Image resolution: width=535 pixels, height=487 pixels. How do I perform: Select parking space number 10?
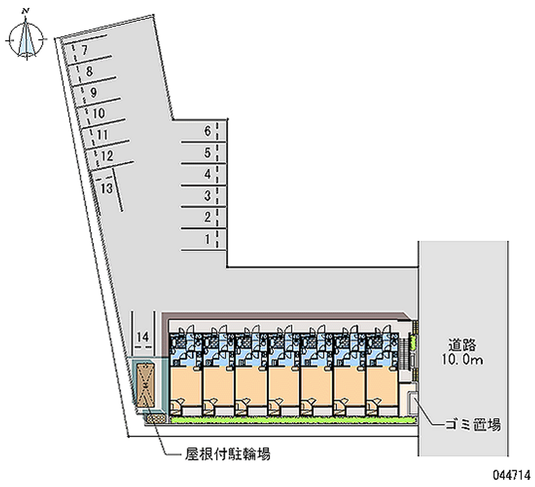click(98, 113)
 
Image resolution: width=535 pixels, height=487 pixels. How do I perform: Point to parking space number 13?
click(106, 188)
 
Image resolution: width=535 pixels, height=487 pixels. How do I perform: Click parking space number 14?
click(143, 337)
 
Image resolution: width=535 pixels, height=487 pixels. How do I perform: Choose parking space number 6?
click(207, 131)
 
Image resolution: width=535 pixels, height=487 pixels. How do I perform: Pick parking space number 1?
click(207, 239)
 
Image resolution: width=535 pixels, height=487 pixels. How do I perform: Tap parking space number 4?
click(207, 174)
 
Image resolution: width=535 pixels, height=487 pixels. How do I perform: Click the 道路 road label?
click(462, 345)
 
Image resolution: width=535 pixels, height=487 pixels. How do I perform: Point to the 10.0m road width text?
click(462, 360)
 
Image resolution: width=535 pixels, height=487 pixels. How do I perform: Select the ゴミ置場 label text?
click(473, 425)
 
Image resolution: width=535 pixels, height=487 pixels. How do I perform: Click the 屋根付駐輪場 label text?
click(228, 454)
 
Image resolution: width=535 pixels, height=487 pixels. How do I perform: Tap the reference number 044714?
click(511, 475)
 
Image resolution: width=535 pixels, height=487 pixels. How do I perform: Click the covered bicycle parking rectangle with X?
click(145, 385)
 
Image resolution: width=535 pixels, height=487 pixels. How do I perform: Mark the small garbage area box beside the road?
click(414, 403)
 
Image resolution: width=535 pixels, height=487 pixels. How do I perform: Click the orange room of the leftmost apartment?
click(186, 386)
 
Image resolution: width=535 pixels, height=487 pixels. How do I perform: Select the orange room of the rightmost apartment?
click(382, 386)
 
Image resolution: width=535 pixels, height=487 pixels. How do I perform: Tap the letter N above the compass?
click(25, 11)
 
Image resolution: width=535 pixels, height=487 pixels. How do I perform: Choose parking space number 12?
click(107, 156)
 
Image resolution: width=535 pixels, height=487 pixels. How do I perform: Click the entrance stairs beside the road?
click(404, 353)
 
